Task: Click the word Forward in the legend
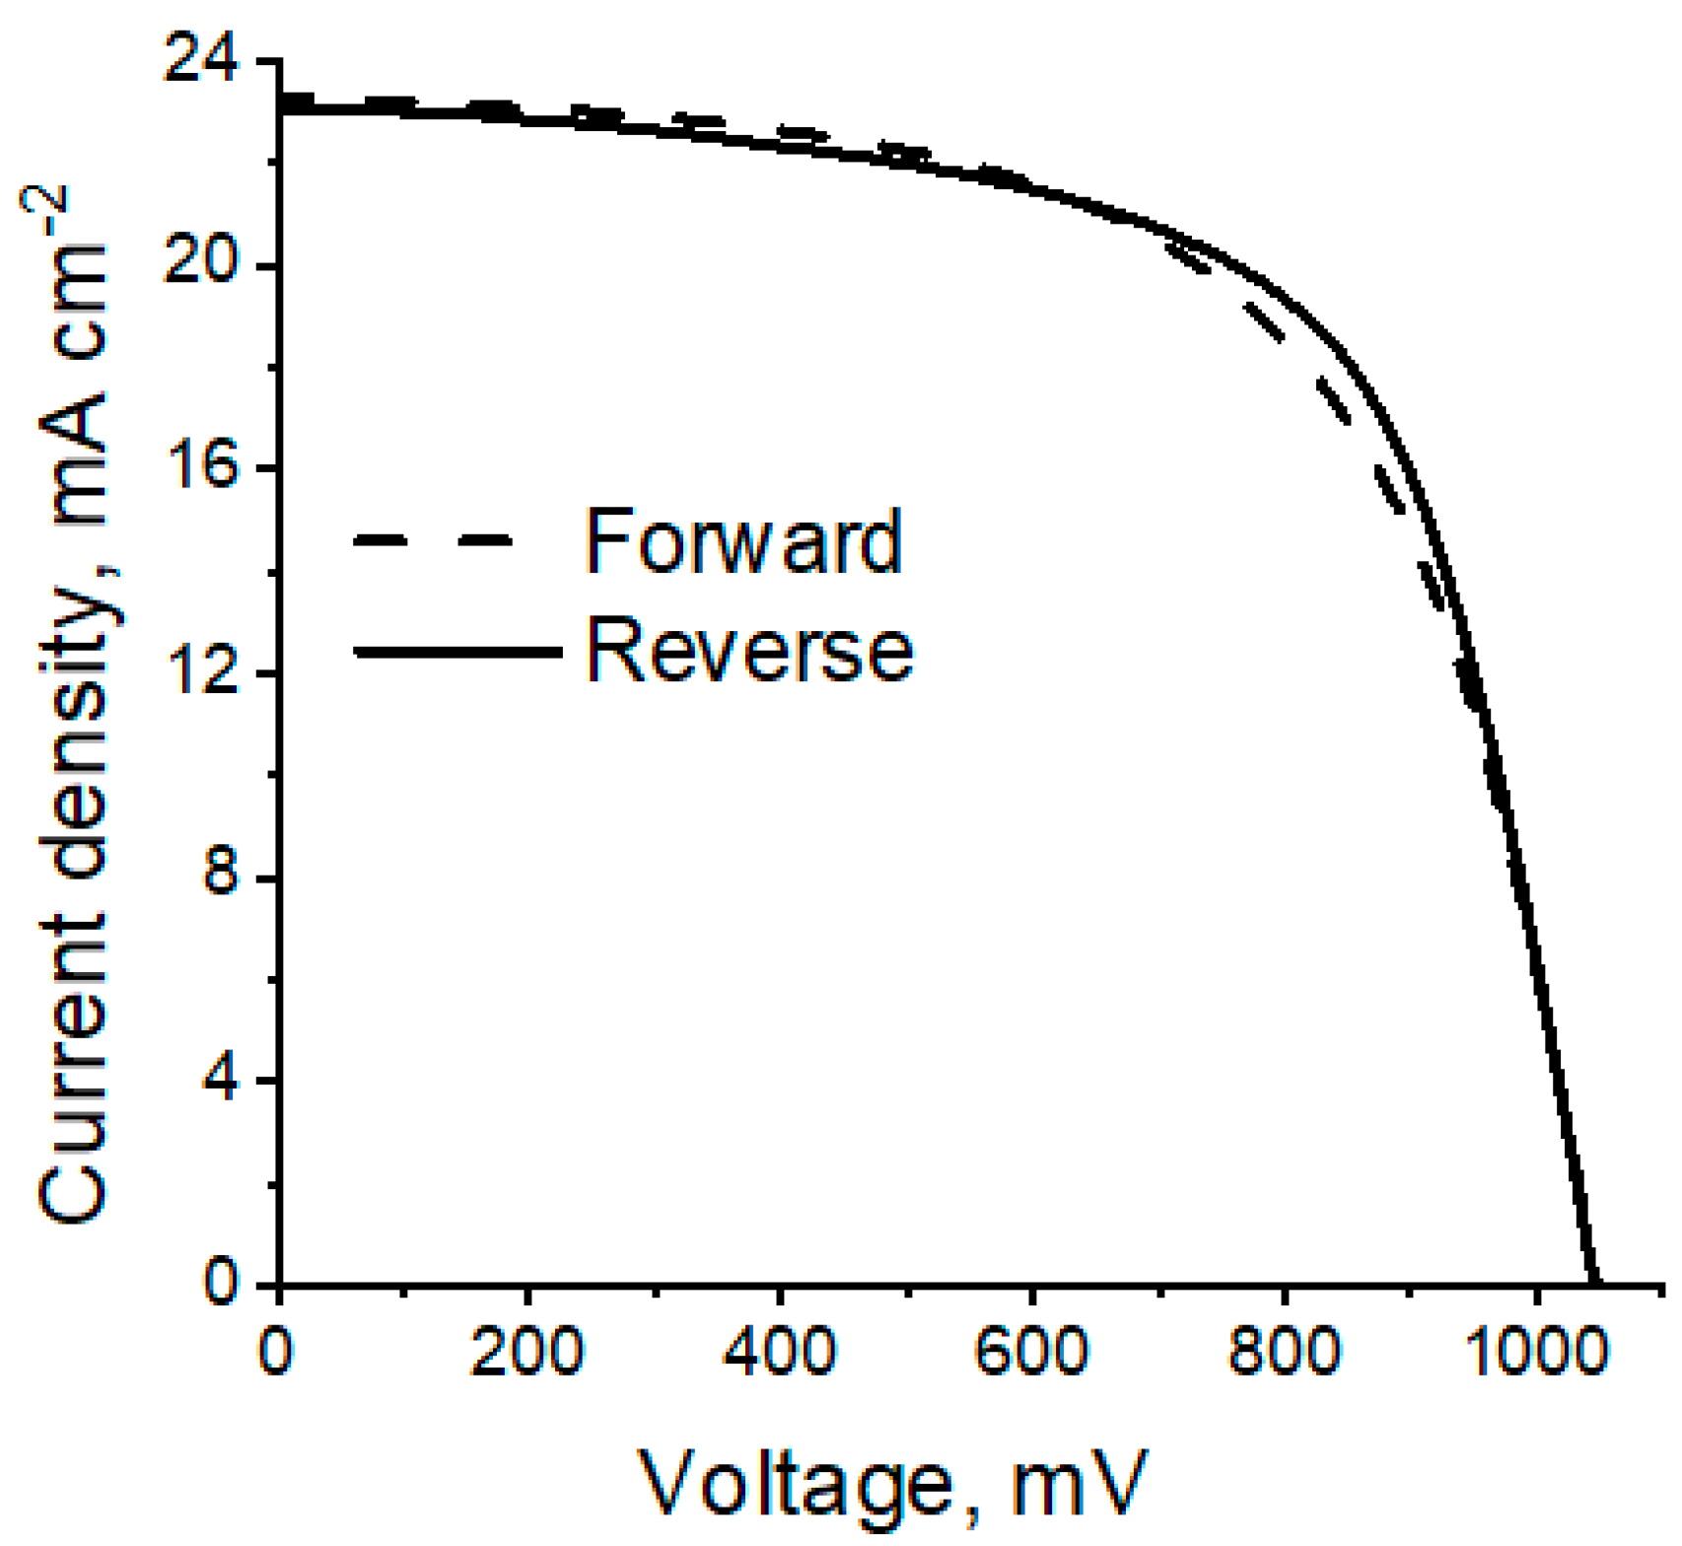click(744, 541)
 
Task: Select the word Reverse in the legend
click(750, 651)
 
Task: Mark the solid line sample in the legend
click(456, 652)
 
